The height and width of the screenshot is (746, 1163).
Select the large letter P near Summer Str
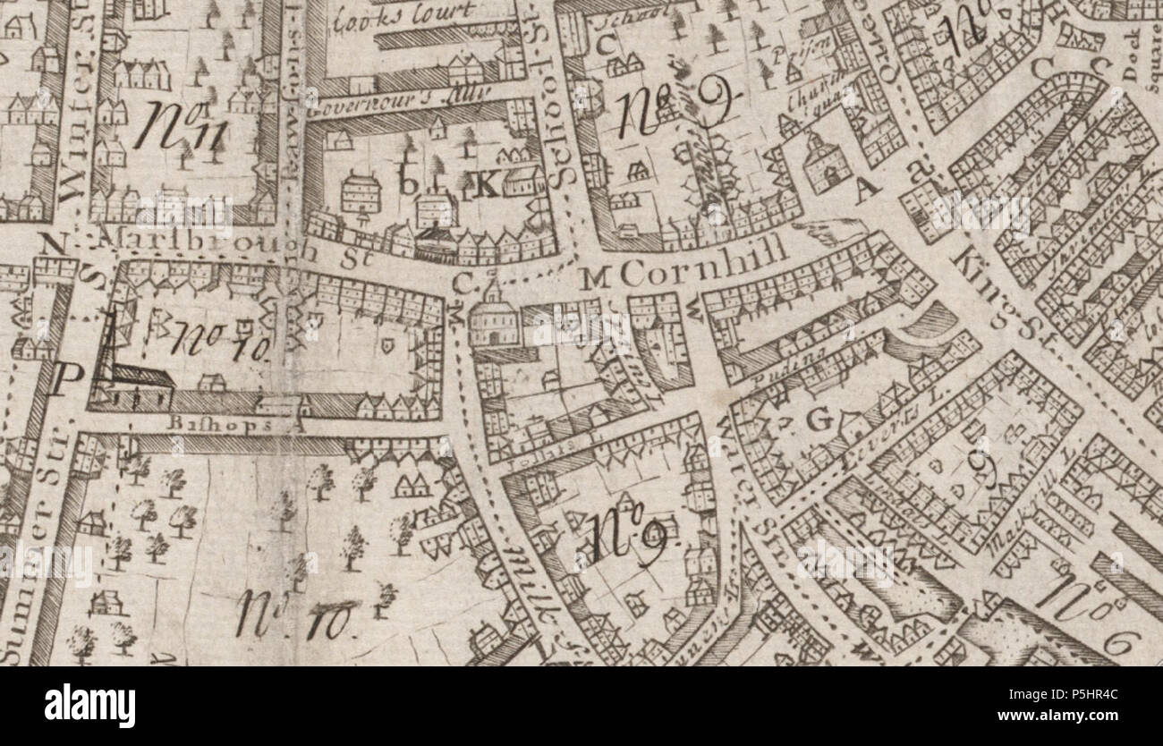[60, 380]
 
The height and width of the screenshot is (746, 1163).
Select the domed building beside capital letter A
[824, 161]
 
